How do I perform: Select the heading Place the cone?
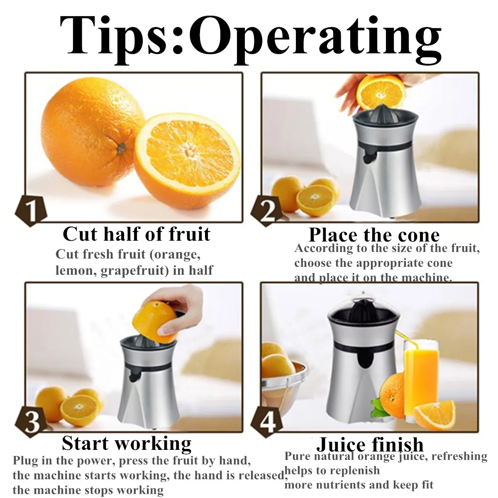pos(374,235)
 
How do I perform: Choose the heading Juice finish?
pos(370,444)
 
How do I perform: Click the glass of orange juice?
pos(421,373)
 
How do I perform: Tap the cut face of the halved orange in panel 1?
pos(189,147)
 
